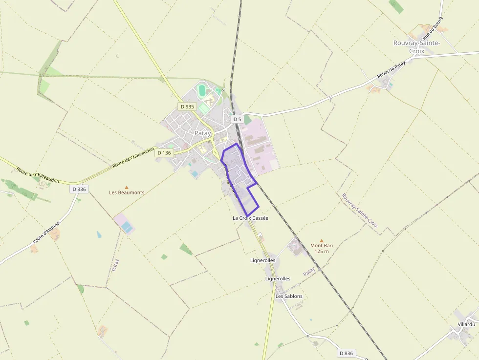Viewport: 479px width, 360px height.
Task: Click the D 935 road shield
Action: (x=187, y=106)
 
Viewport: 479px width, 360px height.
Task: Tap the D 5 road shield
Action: (x=237, y=119)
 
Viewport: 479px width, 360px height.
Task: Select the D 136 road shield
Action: (x=164, y=153)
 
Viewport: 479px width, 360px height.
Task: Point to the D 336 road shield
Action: (x=79, y=189)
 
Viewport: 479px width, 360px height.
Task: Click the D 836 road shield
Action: (x=346, y=353)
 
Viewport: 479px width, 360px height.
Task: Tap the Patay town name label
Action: (x=202, y=133)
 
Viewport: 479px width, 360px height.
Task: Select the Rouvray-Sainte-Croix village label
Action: (x=416, y=47)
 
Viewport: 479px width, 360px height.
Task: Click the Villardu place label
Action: (x=466, y=324)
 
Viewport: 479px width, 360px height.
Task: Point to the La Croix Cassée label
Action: (x=250, y=218)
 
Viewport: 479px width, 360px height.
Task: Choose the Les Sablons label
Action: (x=289, y=296)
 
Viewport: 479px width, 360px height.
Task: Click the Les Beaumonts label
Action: (x=127, y=192)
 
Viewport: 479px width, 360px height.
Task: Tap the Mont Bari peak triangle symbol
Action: (x=321, y=240)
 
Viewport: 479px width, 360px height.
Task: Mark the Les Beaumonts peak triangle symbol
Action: (x=127, y=187)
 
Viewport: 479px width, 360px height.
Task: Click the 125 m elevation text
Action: (x=322, y=252)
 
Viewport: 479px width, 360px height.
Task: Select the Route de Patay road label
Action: (x=391, y=70)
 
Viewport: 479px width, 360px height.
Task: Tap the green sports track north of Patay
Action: (x=202, y=90)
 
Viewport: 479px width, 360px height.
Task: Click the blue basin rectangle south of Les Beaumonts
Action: (x=127, y=227)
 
